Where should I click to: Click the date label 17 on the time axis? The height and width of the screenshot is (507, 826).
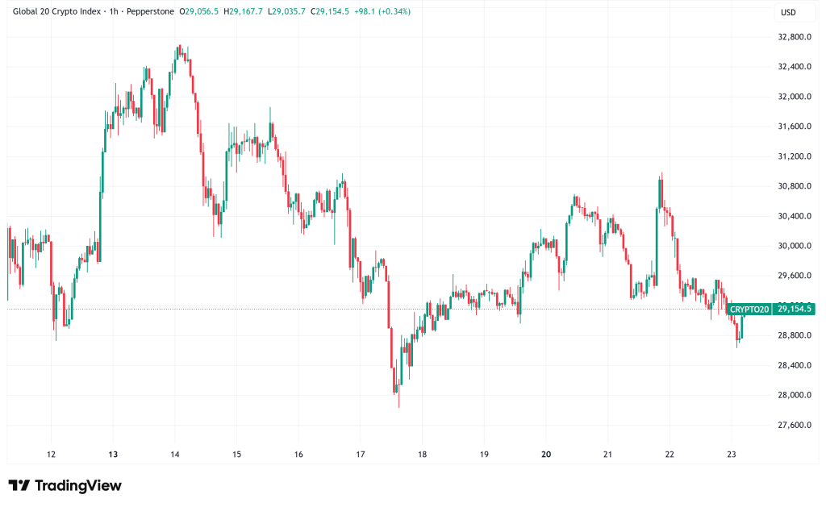pos(361,455)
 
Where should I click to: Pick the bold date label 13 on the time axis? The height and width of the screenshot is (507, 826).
pos(113,455)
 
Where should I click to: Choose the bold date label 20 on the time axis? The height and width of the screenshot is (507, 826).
pos(546,455)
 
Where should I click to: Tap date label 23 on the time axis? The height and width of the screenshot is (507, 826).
pos(732,455)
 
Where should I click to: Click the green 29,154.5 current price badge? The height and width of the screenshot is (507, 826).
pos(794,309)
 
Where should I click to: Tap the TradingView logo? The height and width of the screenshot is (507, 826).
pos(65,485)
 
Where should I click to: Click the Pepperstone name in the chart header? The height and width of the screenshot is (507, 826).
pos(149,11)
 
